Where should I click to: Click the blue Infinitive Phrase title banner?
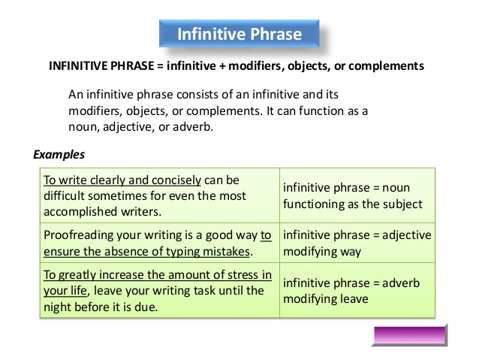(x=239, y=34)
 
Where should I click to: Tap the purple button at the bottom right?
(x=410, y=335)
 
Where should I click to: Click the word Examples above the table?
(x=59, y=155)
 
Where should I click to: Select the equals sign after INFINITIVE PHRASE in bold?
(x=161, y=66)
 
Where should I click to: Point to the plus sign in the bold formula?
(x=222, y=66)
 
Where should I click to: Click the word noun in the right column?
(x=396, y=188)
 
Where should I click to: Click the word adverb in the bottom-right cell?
(x=401, y=283)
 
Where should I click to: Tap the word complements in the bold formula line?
(x=386, y=66)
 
